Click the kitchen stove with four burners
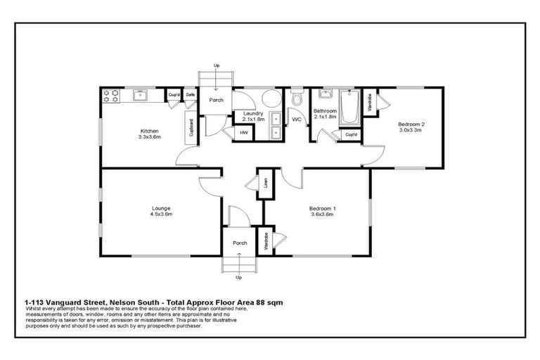pyautogui.click(x=110, y=96)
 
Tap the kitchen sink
pyautogui.click(x=140, y=95)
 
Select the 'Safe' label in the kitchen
pyautogui.click(x=190, y=94)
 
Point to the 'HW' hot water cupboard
pyautogui.click(x=244, y=132)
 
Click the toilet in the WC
pyautogui.click(x=296, y=97)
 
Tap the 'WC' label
pyautogui.click(x=296, y=120)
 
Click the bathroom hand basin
pyautogui.click(x=325, y=94)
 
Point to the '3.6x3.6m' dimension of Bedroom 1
pyautogui.click(x=323, y=214)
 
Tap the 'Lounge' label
pyautogui.click(x=161, y=207)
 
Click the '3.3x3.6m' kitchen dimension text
pyautogui.click(x=149, y=137)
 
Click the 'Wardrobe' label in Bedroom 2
pyautogui.click(x=370, y=103)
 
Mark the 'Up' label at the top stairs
pyautogui.click(x=217, y=65)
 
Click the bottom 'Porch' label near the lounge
pyautogui.click(x=239, y=243)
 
